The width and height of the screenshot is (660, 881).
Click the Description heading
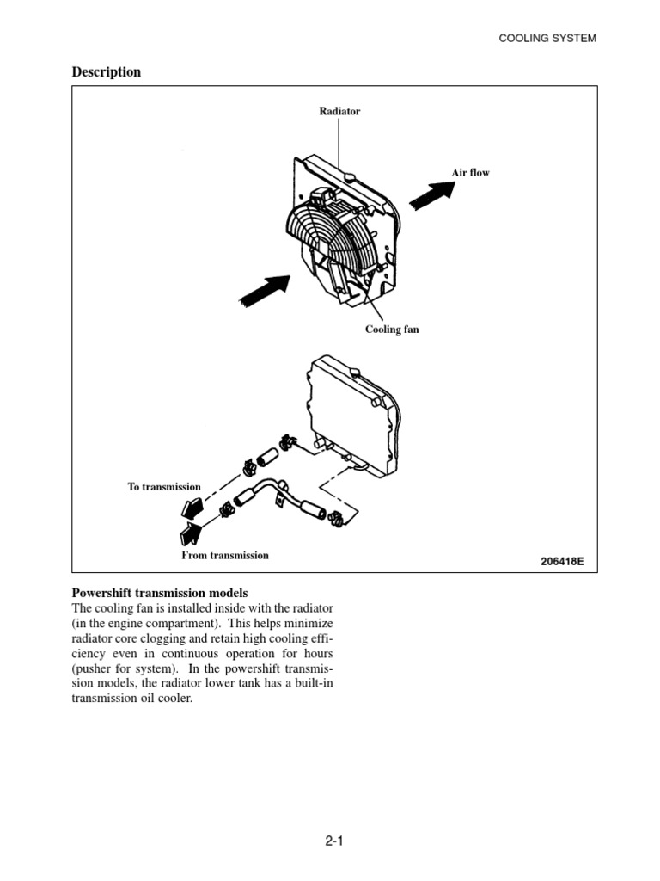106,72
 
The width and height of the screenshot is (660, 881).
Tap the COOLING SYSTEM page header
547,38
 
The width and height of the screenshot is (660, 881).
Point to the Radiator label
339,112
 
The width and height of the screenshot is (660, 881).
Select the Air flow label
470,173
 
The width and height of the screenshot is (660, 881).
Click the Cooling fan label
392,330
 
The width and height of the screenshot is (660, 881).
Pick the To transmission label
164,487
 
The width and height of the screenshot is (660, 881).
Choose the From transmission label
225,556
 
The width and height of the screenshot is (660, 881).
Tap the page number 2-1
334,841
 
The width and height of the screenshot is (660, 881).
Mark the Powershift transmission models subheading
159,594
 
